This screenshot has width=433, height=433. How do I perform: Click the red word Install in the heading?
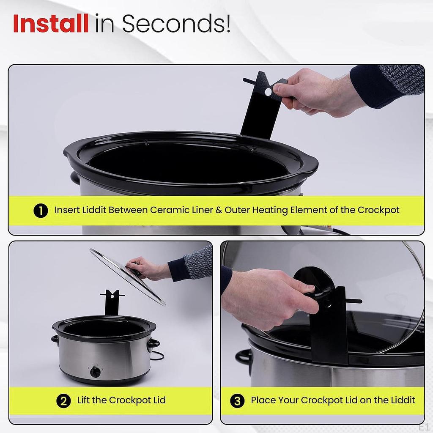(51, 24)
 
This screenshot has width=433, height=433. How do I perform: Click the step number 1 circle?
(41, 210)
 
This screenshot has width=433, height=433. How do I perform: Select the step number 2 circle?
(63, 400)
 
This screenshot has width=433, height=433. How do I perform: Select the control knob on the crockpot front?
(96, 372)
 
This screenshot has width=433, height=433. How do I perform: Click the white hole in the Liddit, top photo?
(268, 91)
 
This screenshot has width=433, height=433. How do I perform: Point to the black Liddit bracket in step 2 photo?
(112, 302)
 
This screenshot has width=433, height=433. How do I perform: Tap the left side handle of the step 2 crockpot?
(55, 339)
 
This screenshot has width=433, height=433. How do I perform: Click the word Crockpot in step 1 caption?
(378, 210)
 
